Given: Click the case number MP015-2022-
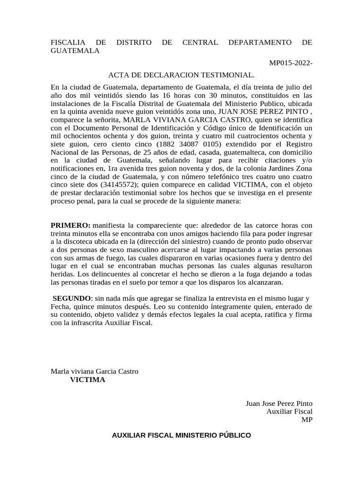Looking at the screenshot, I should click(x=291, y=63).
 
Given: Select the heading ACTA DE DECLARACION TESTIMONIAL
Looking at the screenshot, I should click(x=181, y=75).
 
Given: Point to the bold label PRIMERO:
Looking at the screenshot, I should click(x=70, y=225).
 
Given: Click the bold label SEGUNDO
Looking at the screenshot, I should click(x=71, y=298).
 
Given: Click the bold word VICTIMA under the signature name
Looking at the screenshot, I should click(x=88, y=380).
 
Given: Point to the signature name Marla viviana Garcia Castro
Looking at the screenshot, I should click(x=95, y=372).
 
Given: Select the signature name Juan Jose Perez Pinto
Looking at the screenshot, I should click(x=279, y=404).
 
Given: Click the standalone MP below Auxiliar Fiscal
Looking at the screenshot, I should click(x=307, y=420).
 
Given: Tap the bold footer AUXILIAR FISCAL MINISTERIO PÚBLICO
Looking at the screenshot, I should click(x=181, y=435).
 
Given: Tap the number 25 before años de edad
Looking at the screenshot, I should click(x=140, y=152).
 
